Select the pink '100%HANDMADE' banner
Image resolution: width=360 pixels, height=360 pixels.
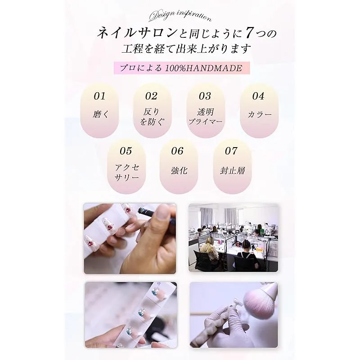point(182,68)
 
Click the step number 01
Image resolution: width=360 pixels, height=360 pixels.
point(99,96)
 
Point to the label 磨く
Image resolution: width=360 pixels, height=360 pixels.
point(100,114)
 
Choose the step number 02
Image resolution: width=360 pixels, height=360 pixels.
point(151,96)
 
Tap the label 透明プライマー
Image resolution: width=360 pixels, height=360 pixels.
point(206,117)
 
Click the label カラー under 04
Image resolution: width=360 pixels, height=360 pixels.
point(260,114)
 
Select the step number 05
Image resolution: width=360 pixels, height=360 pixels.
point(126,151)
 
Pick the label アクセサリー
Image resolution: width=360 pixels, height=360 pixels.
point(127,172)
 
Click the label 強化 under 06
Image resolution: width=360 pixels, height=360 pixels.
point(179,171)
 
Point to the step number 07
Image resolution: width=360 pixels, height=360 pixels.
point(231,151)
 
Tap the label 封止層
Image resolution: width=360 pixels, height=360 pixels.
point(232,171)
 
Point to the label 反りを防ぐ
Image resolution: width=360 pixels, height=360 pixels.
point(152,117)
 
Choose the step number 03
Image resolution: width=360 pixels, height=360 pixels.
point(205,96)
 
